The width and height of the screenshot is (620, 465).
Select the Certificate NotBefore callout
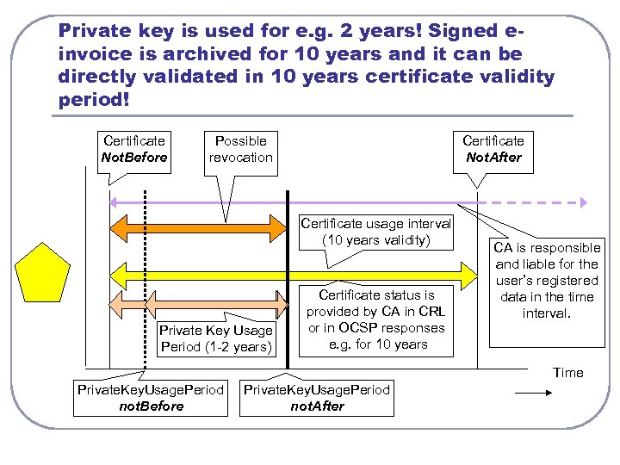click(133, 149)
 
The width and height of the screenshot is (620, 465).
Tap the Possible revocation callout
click(240, 149)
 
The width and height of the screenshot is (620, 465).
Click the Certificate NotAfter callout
click(493, 149)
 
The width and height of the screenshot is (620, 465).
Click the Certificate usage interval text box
click(375, 232)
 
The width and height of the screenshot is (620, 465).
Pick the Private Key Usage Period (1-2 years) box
click(215, 338)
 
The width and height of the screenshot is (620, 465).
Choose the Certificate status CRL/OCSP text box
click(375, 319)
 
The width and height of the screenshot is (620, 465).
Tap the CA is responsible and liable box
click(547, 281)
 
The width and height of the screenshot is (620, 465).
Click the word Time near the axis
click(567, 372)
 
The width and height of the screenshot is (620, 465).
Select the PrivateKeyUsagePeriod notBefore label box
click(151, 398)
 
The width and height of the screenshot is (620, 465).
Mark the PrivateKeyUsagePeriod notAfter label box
click(317, 398)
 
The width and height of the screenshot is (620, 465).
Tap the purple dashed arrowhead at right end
click(582, 202)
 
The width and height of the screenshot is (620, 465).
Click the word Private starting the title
click(90, 30)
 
